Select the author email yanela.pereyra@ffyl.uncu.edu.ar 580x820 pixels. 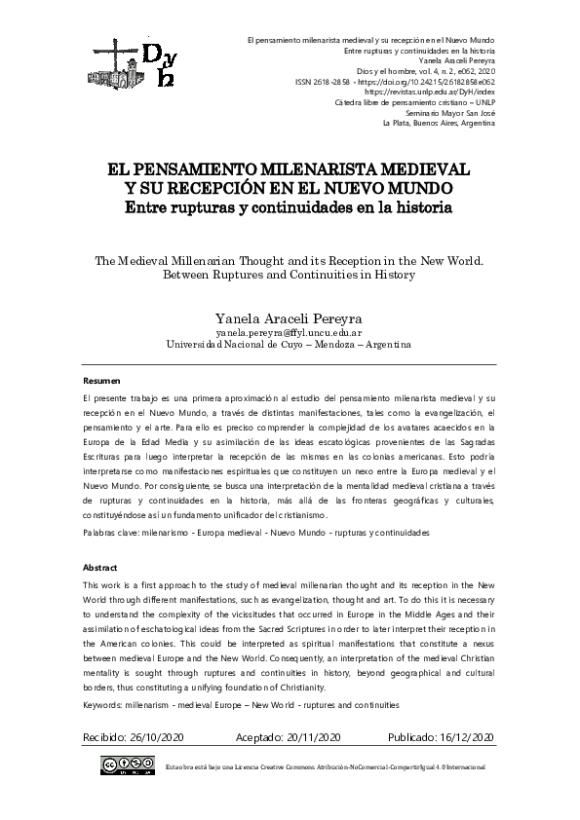(289, 331)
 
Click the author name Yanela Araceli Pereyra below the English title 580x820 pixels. (289, 316)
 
